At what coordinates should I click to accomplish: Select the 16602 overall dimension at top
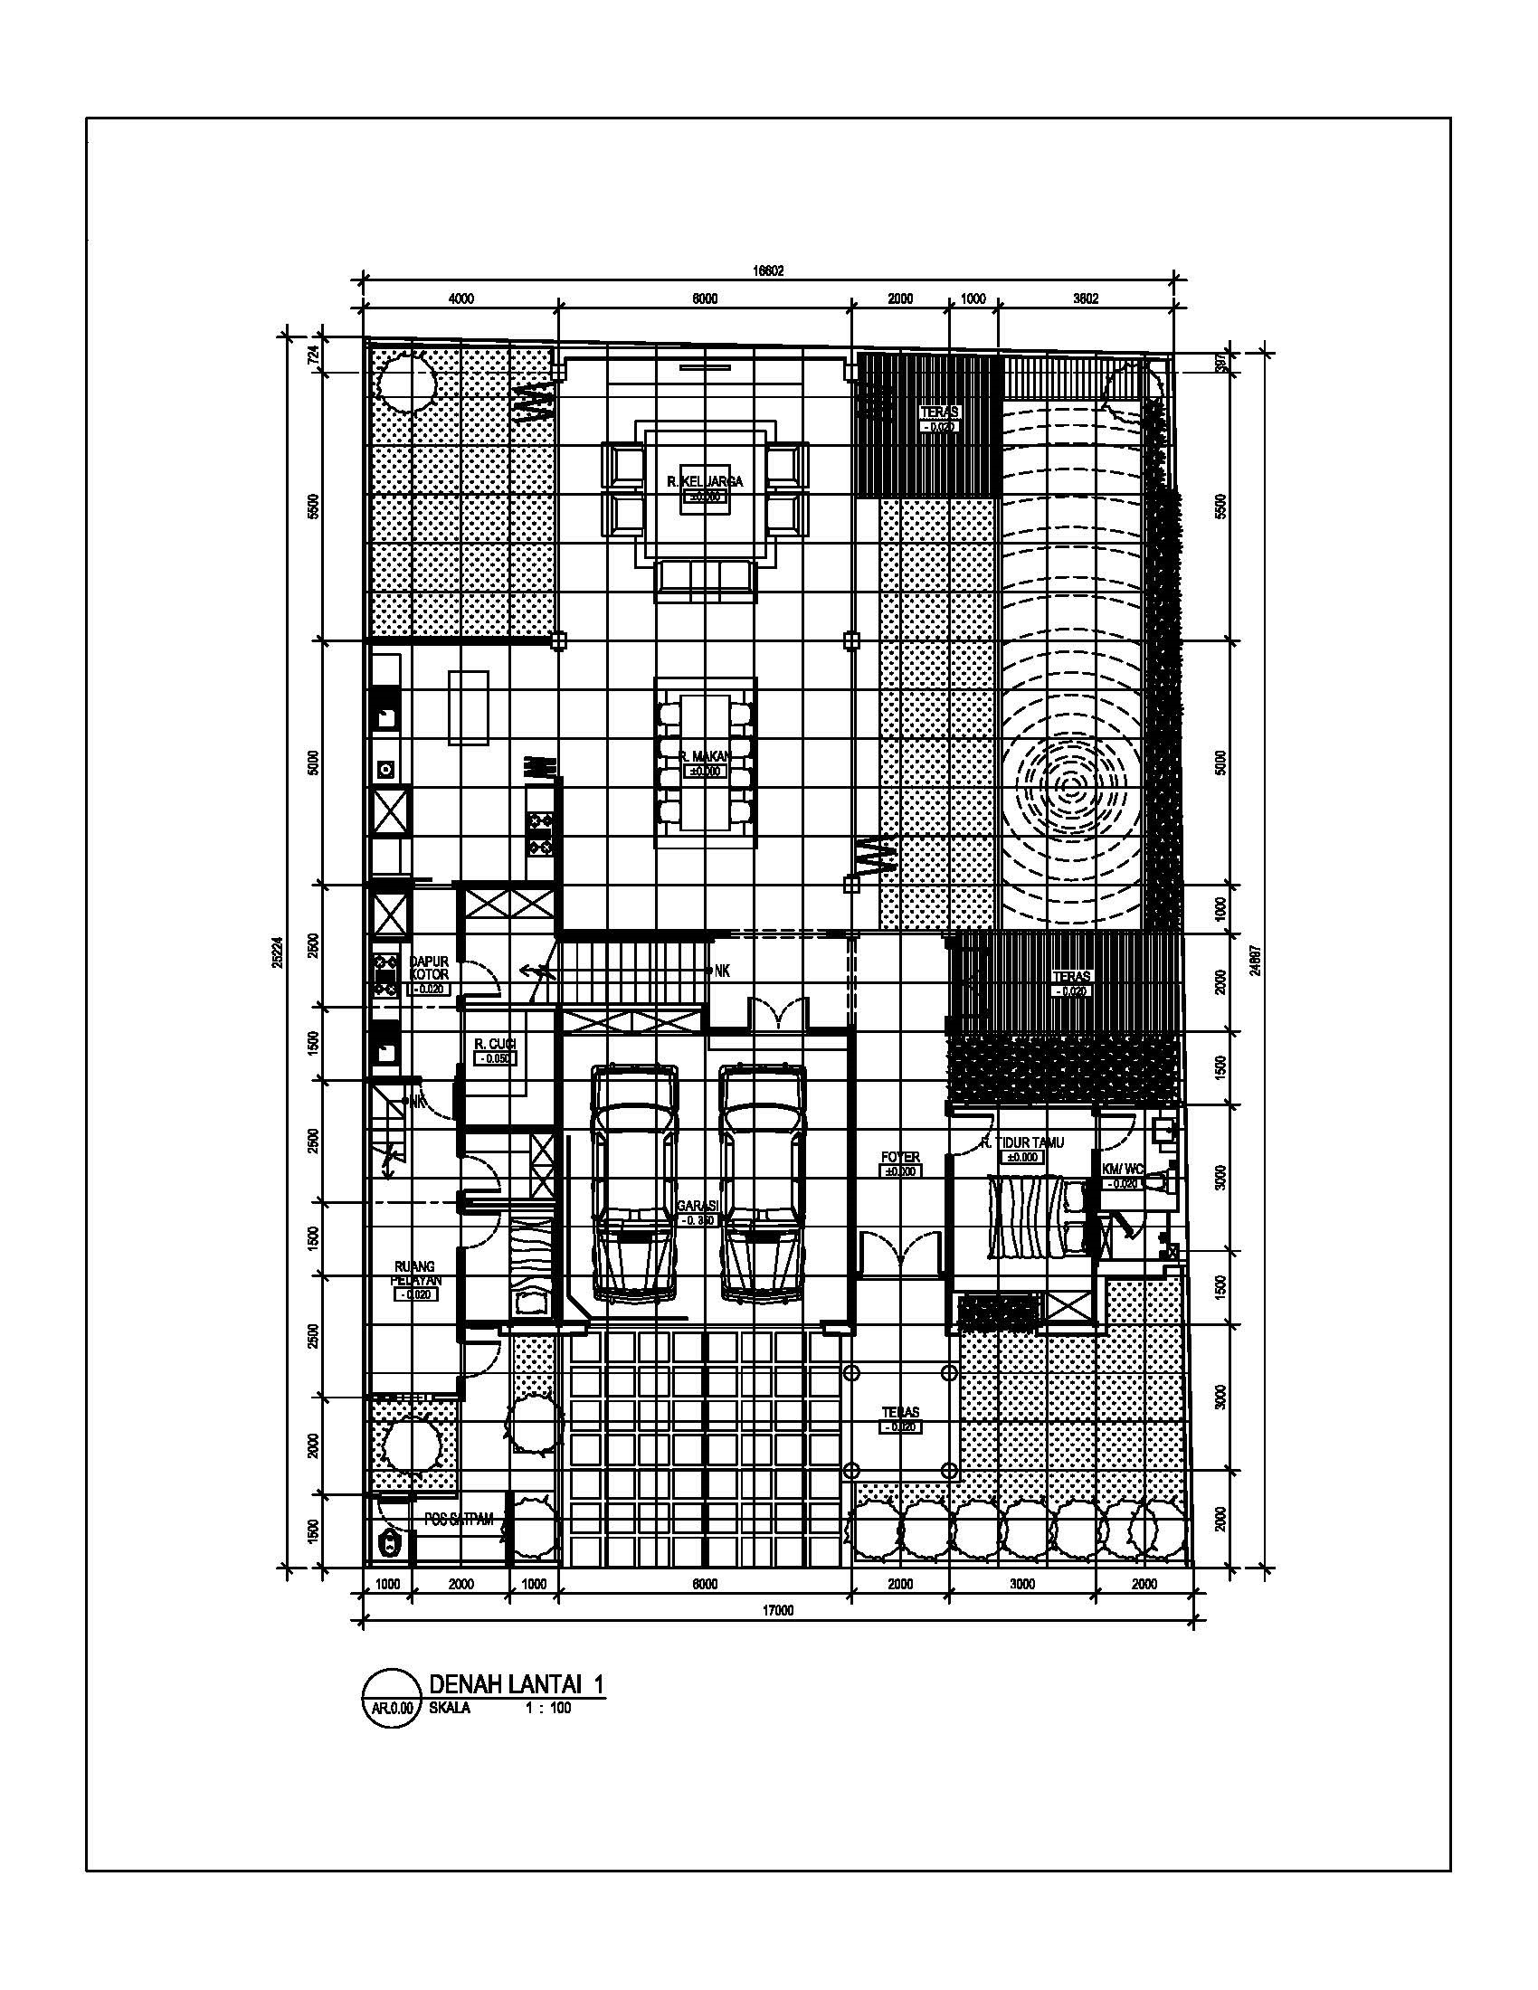(767, 270)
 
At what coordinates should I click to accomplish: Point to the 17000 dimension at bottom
(777, 1610)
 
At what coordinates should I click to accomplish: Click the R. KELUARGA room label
(704, 481)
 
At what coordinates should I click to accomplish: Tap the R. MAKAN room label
(704, 756)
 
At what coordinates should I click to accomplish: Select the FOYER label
(900, 1157)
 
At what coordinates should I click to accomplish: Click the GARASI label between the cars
(698, 1206)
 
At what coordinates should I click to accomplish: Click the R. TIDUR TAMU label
(1023, 1142)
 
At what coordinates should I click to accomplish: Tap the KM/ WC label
(1123, 1169)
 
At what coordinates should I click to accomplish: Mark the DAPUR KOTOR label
(428, 968)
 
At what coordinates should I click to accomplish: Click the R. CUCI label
(495, 1044)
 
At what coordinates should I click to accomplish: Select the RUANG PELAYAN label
(415, 1273)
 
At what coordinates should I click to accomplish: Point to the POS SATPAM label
(460, 1519)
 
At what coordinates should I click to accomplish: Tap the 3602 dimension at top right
(1085, 298)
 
